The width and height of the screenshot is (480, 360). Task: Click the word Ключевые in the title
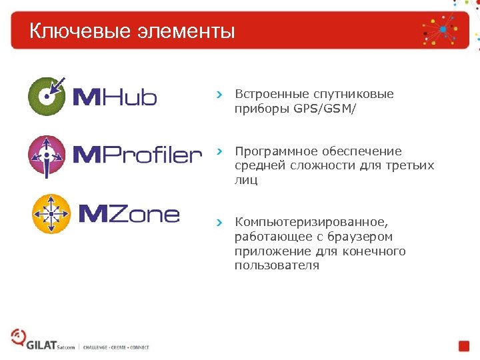(x=73, y=31)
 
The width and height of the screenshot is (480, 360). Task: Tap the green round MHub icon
(x=47, y=97)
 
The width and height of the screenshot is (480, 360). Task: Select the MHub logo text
(x=114, y=98)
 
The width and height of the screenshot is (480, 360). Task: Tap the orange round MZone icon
(x=52, y=213)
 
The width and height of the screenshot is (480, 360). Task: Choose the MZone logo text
(x=129, y=214)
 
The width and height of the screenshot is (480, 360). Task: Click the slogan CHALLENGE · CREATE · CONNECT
(x=116, y=347)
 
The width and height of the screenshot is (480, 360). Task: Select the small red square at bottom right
(x=464, y=346)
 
